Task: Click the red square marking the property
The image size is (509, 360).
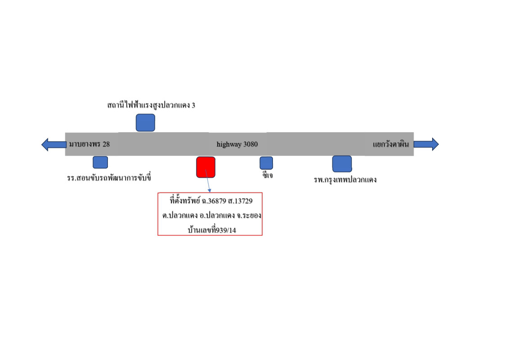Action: click(205, 167)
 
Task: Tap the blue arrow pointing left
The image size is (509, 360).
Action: click(54, 144)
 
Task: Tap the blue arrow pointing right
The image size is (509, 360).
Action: click(426, 144)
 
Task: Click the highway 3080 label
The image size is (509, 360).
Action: click(237, 144)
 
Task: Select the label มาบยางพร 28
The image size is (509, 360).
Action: click(89, 144)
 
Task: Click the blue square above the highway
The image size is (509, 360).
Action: click(145, 122)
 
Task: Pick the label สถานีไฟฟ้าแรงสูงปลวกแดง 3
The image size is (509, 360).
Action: click(151, 105)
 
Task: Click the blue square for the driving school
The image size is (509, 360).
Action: click(100, 162)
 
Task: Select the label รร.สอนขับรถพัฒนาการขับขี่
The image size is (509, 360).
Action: click(109, 178)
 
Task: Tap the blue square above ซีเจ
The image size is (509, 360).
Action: click(266, 162)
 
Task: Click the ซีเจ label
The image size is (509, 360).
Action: click(268, 175)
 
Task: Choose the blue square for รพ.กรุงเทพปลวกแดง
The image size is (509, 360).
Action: click(342, 163)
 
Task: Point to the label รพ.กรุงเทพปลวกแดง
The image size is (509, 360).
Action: click(345, 180)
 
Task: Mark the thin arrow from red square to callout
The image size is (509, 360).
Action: click(208, 182)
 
